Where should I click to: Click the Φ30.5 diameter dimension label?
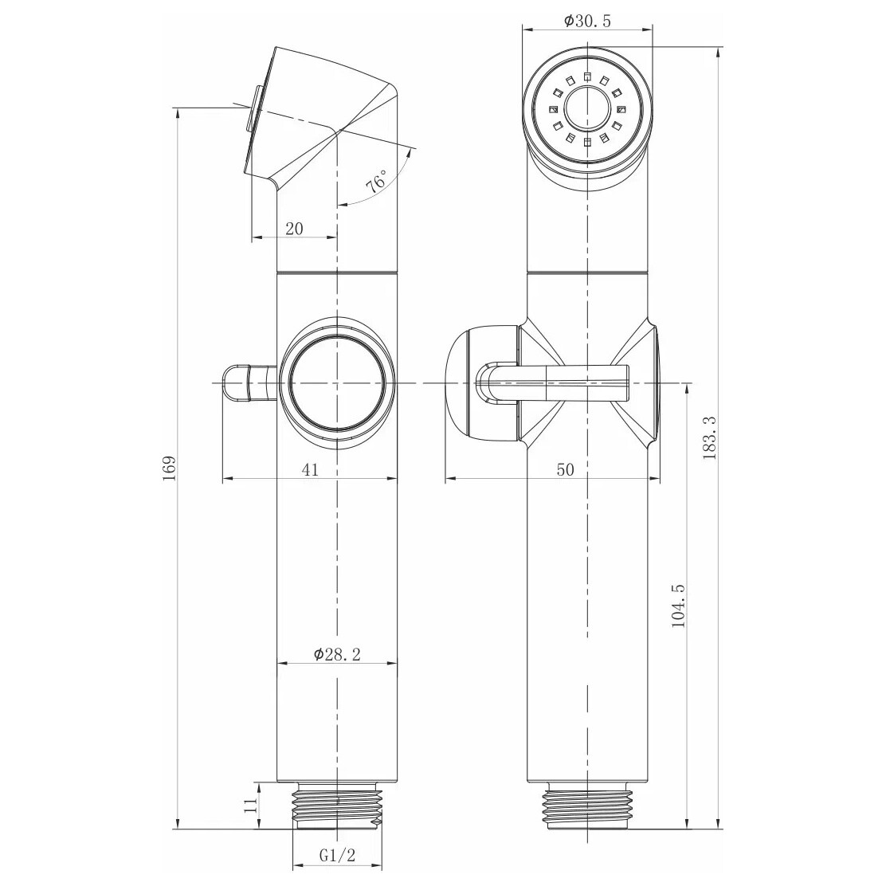(587, 22)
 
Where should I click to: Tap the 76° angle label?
(377, 182)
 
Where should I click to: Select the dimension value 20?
(294, 229)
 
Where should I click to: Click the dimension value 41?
(310, 469)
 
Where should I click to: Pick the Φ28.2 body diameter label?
(337, 654)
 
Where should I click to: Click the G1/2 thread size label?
(337, 856)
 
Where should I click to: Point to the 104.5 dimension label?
(678, 606)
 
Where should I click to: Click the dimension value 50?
(566, 469)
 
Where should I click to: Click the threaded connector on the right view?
(588, 806)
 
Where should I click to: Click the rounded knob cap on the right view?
(481, 382)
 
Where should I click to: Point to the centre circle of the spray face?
(588, 108)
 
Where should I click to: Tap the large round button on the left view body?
(337, 383)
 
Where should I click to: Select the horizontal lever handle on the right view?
(553, 383)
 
